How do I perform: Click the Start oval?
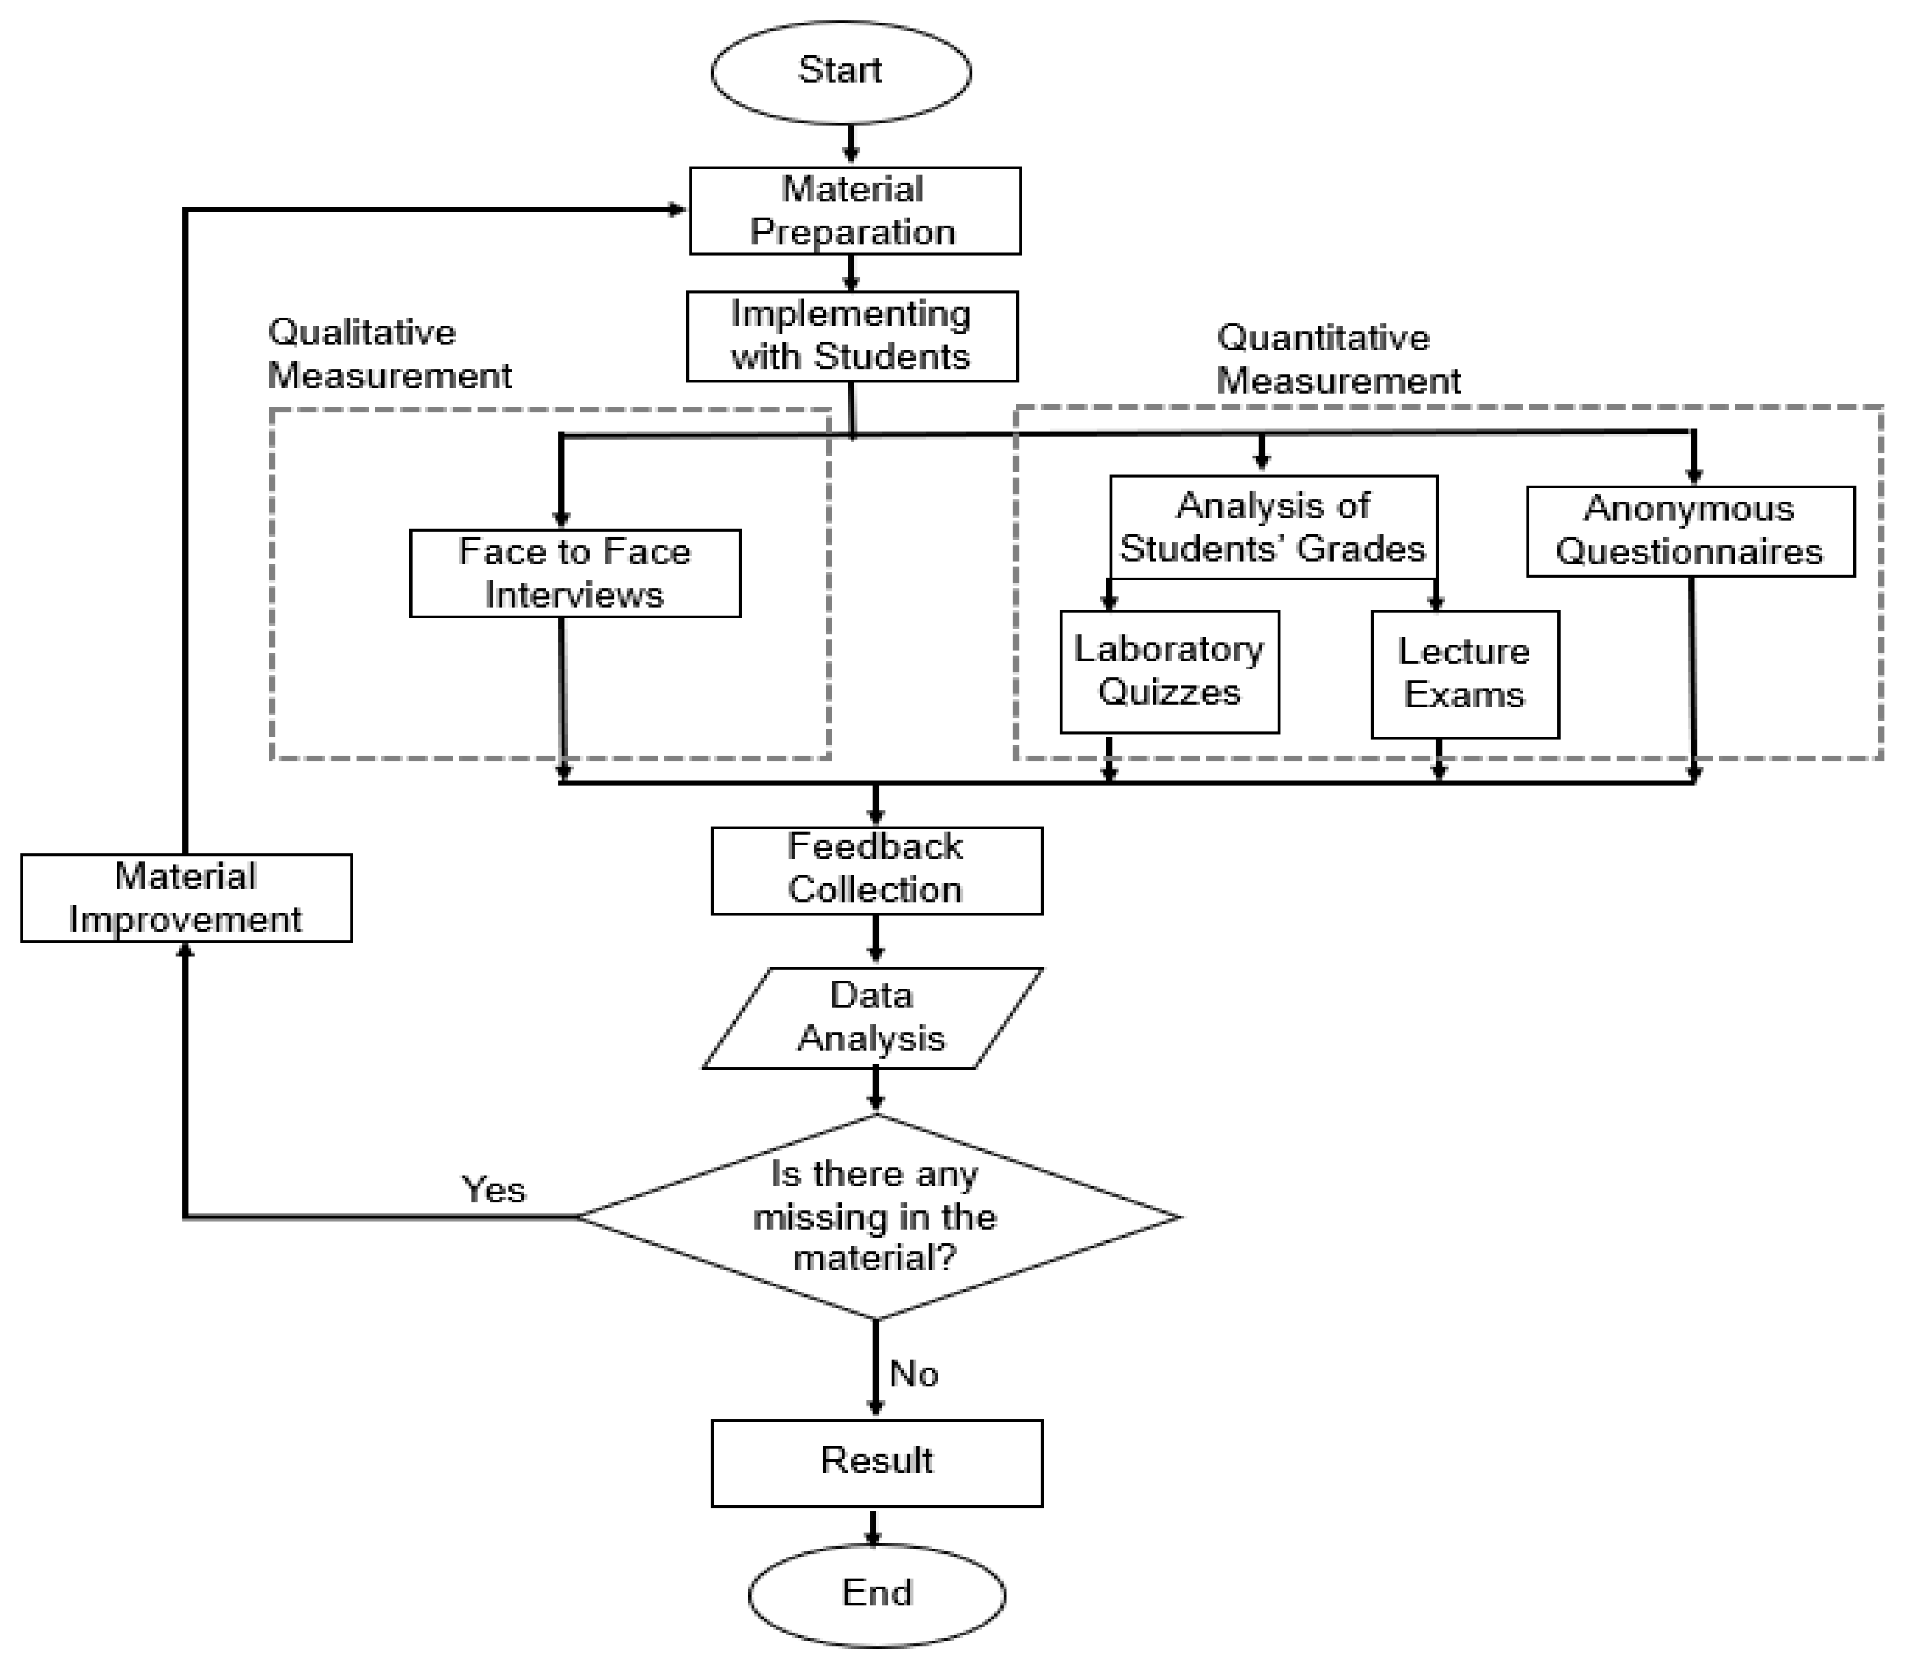point(840,71)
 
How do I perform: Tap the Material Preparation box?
point(854,211)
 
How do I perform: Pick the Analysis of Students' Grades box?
point(1272,527)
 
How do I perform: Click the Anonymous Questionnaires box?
point(1689,531)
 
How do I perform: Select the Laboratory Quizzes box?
point(1169,671)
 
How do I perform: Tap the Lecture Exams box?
point(1464,674)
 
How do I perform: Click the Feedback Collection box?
point(876,870)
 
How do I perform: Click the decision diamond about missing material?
point(876,1216)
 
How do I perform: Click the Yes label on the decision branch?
point(493,1190)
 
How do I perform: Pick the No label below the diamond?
point(913,1374)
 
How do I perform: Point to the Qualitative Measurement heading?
point(389,354)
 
